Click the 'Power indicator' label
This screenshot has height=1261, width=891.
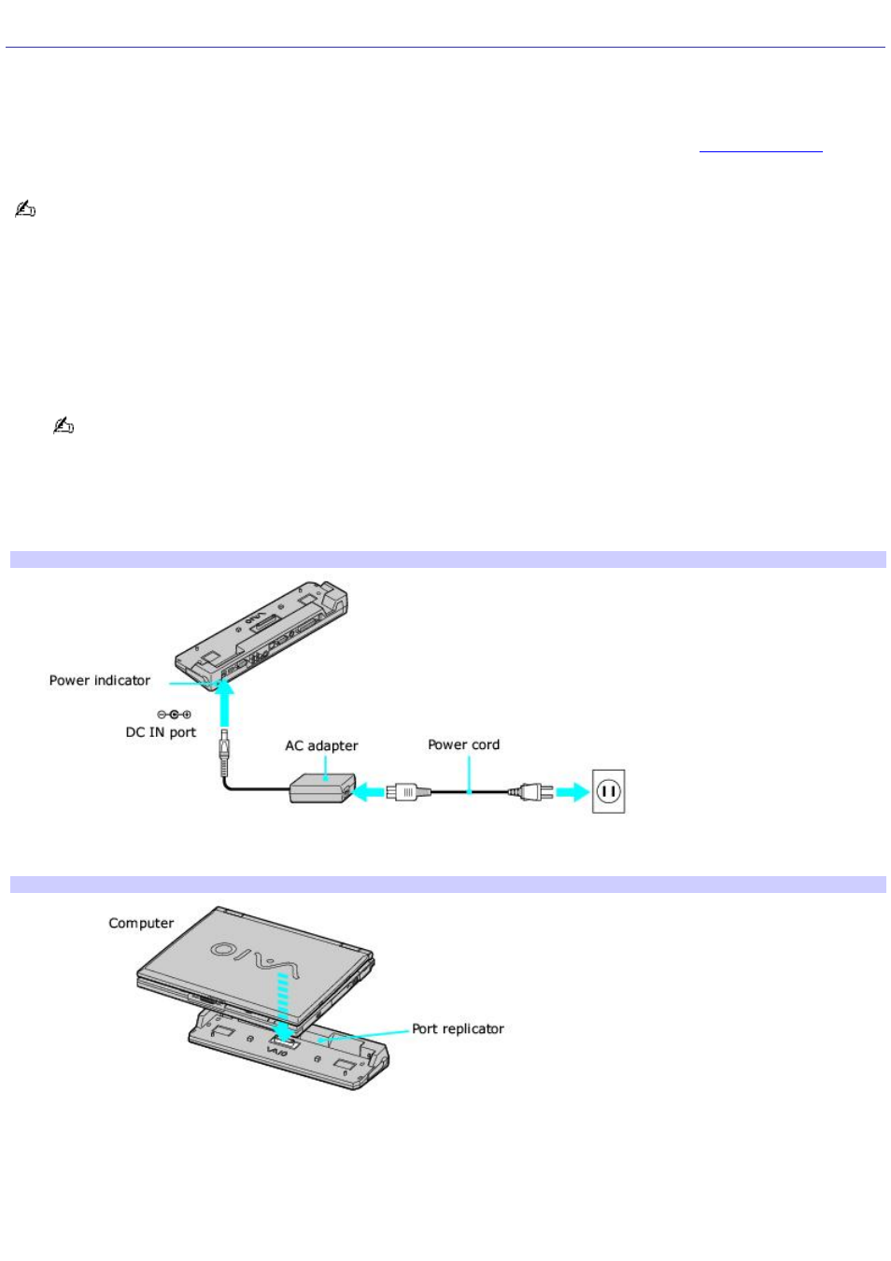tap(99, 681)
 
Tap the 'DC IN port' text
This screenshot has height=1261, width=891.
tap(161, 732)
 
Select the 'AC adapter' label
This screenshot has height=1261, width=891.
tap(321, 745)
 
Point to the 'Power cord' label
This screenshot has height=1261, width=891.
tap(463, 744)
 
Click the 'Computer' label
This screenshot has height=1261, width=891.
tap(141, 923)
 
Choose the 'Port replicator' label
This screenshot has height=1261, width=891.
tap(458, 1028)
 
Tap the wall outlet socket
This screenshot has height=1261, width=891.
tap(608, 792)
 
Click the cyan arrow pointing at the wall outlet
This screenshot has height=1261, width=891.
tap(572, 792)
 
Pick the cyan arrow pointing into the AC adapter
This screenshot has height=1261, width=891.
tap(369, 792)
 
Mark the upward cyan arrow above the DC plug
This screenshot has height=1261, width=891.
tap(224, 701)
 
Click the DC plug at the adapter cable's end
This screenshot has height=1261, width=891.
tap(224, 751)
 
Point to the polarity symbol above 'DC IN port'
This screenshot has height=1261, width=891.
tap(174, 715)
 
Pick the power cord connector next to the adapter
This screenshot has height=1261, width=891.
tap(407, 792)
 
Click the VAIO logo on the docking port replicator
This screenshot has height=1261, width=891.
tap(277, 1052)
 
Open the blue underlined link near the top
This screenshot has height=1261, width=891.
tap(760, 149)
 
